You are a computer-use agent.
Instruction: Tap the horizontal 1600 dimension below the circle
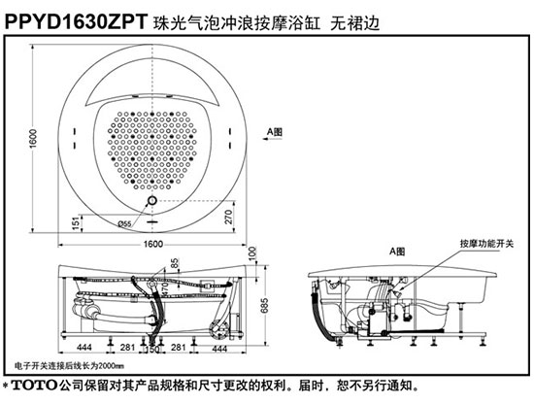point(153,244)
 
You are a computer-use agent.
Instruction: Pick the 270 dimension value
point(230,217)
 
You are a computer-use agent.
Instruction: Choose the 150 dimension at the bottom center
point(152,347)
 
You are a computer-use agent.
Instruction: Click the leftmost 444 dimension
point(84,347)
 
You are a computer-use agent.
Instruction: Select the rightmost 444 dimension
point(219,347)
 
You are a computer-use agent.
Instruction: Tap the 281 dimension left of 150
point(126,347)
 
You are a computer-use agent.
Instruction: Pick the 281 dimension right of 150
point(180,347)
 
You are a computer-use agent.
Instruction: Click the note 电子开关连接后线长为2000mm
point(71,367)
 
